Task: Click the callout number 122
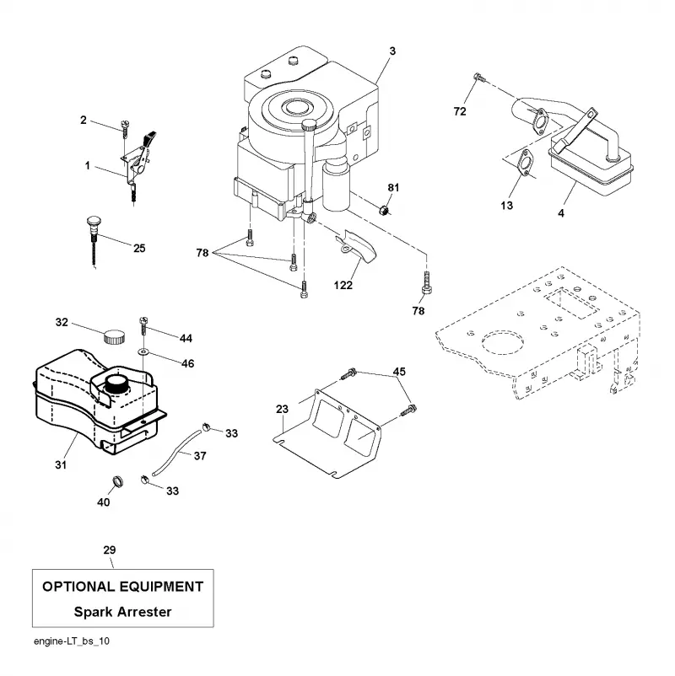click(x=343, y=285)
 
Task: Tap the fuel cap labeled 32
click(x=114, y=335)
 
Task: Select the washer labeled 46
click(x=143, y=352)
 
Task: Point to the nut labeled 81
click(x=383, y=211)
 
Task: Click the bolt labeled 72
click(x=479, y=78)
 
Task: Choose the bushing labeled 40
click(x=117, y=480)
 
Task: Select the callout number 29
click(x=110, y=550)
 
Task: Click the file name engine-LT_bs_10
click(x=72, y=641)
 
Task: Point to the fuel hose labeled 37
click(x=176, y=451)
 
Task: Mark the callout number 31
click(x=61, y=464)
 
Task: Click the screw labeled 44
click(x=143, y=327)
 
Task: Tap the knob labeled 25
click(x=94, y=242)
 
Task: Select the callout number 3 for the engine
click(x=392, y=51)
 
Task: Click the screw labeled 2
click(x=125, y=129)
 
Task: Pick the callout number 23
click(x=283, y=409)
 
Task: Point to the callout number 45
click(x=399, y=371)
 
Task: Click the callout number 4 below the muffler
click(x=561, y=213)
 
